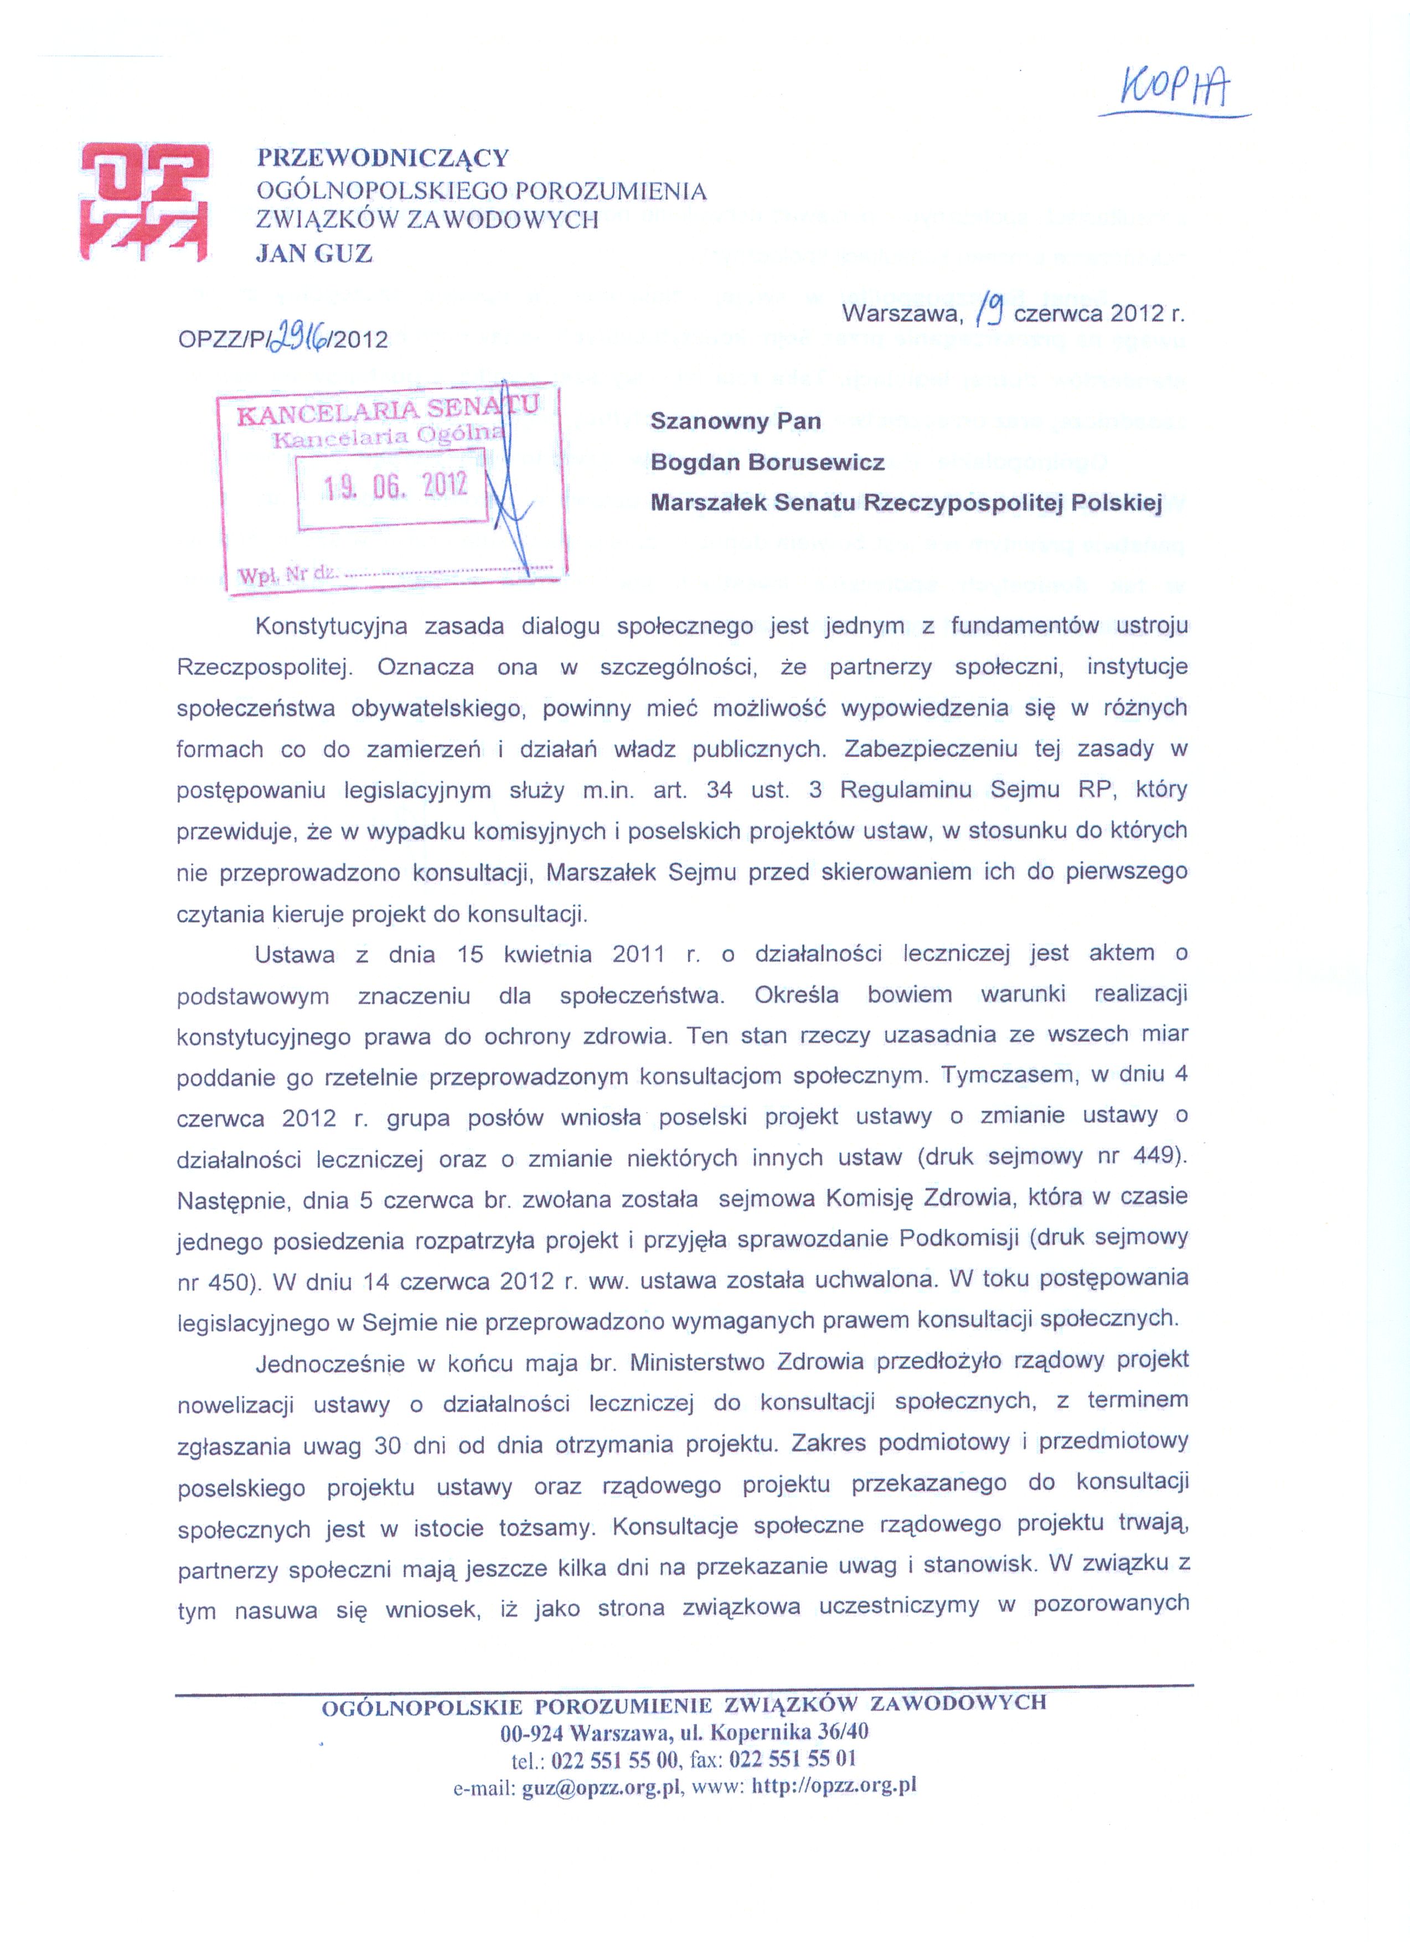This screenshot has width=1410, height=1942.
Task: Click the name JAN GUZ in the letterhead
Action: (314, 254)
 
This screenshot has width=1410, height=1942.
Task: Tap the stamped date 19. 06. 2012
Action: (395, 486)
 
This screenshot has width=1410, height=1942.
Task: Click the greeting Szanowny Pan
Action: (735, 421)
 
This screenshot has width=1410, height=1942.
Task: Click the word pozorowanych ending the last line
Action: (1111, 1604)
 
